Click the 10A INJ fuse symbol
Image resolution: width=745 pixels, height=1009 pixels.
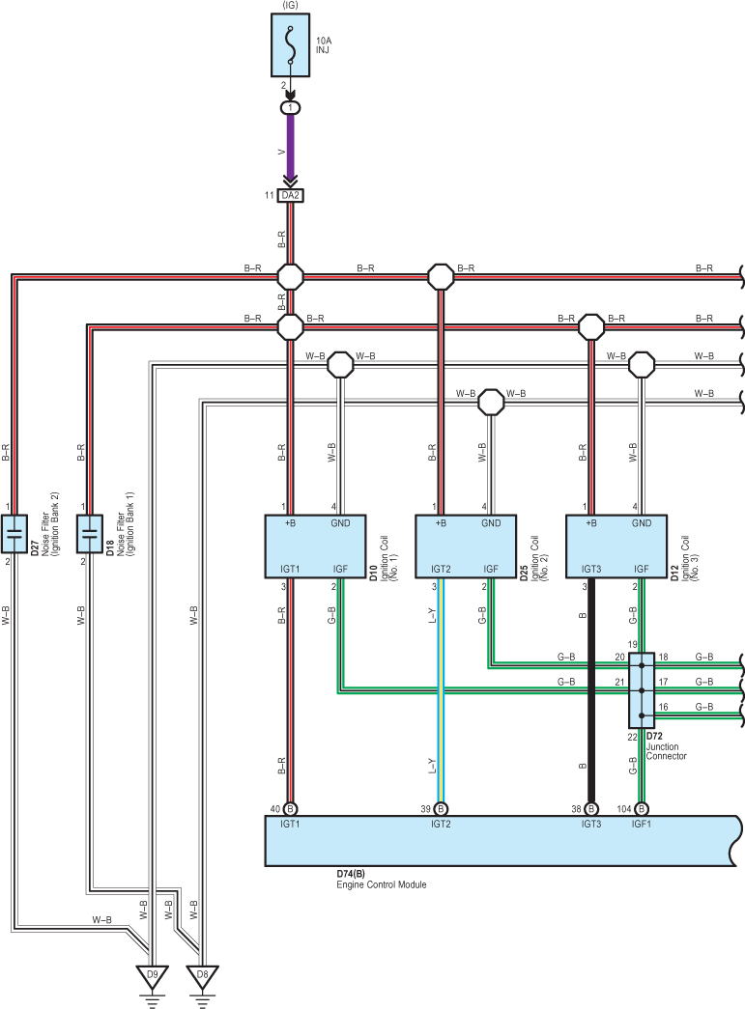pos(291,45)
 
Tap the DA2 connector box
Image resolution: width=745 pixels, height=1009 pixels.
pos(291,195)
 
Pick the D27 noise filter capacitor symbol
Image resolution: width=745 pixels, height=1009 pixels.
pos(14,533)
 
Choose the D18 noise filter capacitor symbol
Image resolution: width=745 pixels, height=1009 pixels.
pos(90,533)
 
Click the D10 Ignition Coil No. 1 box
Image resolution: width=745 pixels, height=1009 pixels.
pos(316,546)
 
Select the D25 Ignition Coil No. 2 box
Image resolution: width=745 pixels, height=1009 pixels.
pos(466,546)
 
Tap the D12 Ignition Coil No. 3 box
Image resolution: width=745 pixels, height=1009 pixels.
pos(616,546)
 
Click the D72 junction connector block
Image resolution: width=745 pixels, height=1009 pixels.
pos(642,690)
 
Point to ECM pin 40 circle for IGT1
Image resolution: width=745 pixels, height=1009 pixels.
pos(291,809)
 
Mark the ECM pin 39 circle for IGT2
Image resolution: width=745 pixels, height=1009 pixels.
pos(441,809)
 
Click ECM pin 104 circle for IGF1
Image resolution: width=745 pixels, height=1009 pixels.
pos(642,809)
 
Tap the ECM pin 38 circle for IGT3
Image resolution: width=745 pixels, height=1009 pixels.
pos(591,809)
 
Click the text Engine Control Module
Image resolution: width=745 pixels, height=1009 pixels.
pos(381,884)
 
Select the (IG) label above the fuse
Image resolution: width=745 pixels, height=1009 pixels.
pos(291,5)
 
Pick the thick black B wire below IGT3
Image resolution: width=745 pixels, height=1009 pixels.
pos(591,689)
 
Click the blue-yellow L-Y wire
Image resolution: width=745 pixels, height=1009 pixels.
pos(441,689)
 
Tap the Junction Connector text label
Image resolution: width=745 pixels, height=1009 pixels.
pos(667,751)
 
